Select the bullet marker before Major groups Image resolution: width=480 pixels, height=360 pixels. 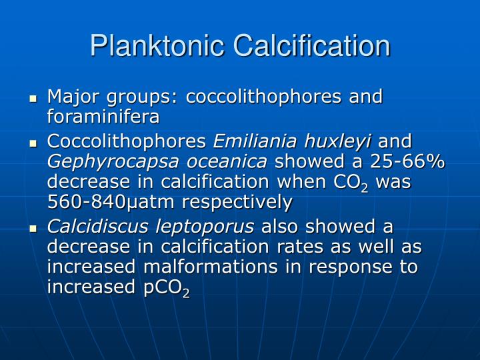click(x=33, y=99)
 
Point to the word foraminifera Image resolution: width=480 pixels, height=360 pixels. click(x=103, y=117)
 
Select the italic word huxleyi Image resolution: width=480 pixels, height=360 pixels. click(x=337, y=141)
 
